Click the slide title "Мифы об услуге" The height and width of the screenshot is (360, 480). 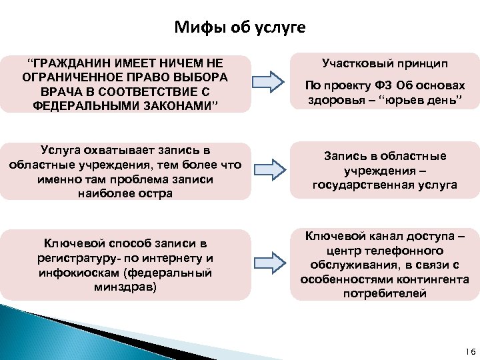239,27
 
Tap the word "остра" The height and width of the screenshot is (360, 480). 157,193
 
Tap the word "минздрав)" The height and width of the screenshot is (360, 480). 126,287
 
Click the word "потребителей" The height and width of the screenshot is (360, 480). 385,293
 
